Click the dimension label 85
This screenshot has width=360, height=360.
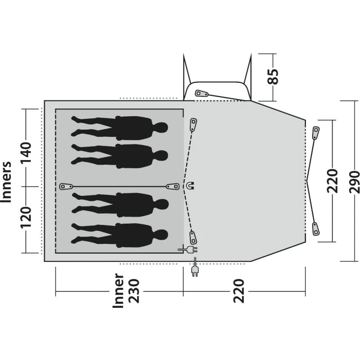tap(273, 76)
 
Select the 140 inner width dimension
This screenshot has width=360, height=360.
tap(26, 153)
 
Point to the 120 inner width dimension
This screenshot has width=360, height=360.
tap(26, 217)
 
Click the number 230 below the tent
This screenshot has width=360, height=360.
tap(134, 291)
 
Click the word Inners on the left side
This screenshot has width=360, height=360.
tap(6, 182)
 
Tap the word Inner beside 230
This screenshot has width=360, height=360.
tap(118, 290)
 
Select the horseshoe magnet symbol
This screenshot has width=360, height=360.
tap(190, 185)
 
